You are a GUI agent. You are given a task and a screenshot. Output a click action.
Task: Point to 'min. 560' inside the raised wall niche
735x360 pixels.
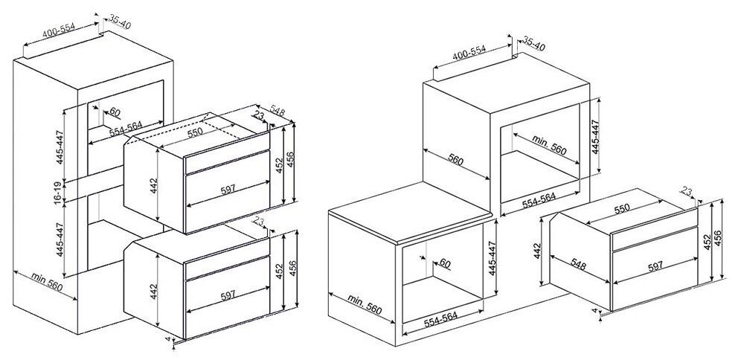pos(550,146)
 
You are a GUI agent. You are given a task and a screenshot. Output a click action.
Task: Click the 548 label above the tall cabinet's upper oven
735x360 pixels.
pos(278,111)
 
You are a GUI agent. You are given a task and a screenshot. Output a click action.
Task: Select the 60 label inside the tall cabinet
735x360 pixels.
pos(114,112)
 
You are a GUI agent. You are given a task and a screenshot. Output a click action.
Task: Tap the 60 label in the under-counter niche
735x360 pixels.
pos(445,263)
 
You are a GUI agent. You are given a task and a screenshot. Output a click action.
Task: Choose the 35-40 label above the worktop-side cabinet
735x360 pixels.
pos(534,46)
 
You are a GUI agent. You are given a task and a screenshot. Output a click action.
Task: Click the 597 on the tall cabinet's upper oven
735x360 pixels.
pos(228,190)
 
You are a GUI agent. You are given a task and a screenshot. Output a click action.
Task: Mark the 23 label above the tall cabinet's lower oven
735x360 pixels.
pos(258,220)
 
